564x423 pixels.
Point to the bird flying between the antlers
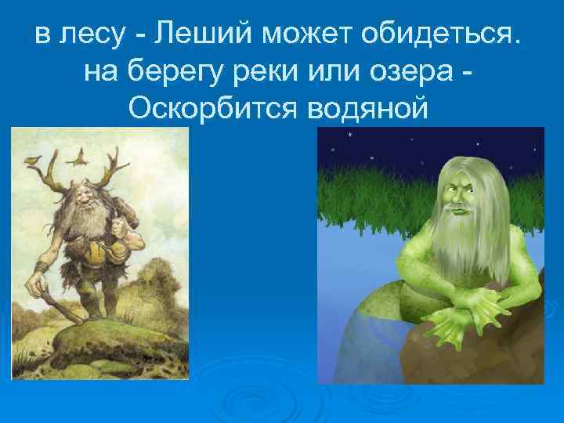click(x=78, y=160)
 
